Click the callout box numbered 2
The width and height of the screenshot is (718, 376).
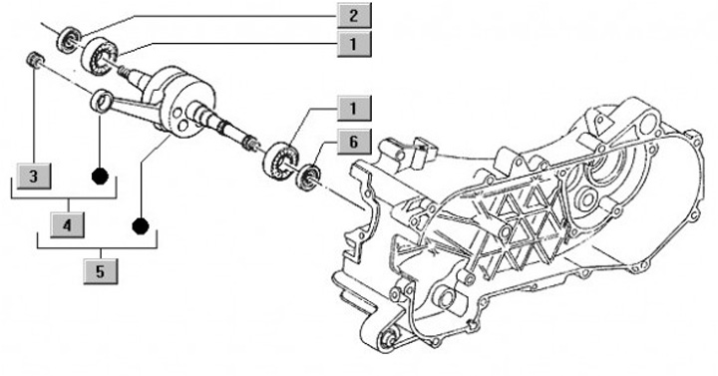tap(353, 16)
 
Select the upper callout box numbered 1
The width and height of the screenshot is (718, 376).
tap(353, 44)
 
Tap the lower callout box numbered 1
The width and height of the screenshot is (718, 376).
tap(353, 109)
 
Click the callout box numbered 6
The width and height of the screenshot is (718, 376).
tap(353, 142)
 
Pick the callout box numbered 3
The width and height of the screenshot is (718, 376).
tap(34, 176)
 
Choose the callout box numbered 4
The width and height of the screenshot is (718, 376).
tap(67, 224)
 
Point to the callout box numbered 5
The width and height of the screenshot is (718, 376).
tap(101, 271)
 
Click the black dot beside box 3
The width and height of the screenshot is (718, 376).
tap(100, 176)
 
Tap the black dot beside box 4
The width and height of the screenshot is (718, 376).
tap(141, 225)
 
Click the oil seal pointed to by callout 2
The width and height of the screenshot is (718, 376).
tap(69, 40)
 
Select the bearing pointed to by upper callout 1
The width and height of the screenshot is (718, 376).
tap(100, 57)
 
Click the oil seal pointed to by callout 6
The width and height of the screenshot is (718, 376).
tap(308, 177)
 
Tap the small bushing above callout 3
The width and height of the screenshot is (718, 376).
tap(35, 60)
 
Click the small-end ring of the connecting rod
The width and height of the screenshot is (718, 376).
tap(101, 101)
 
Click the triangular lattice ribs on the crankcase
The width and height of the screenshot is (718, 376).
tap(520, 224)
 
